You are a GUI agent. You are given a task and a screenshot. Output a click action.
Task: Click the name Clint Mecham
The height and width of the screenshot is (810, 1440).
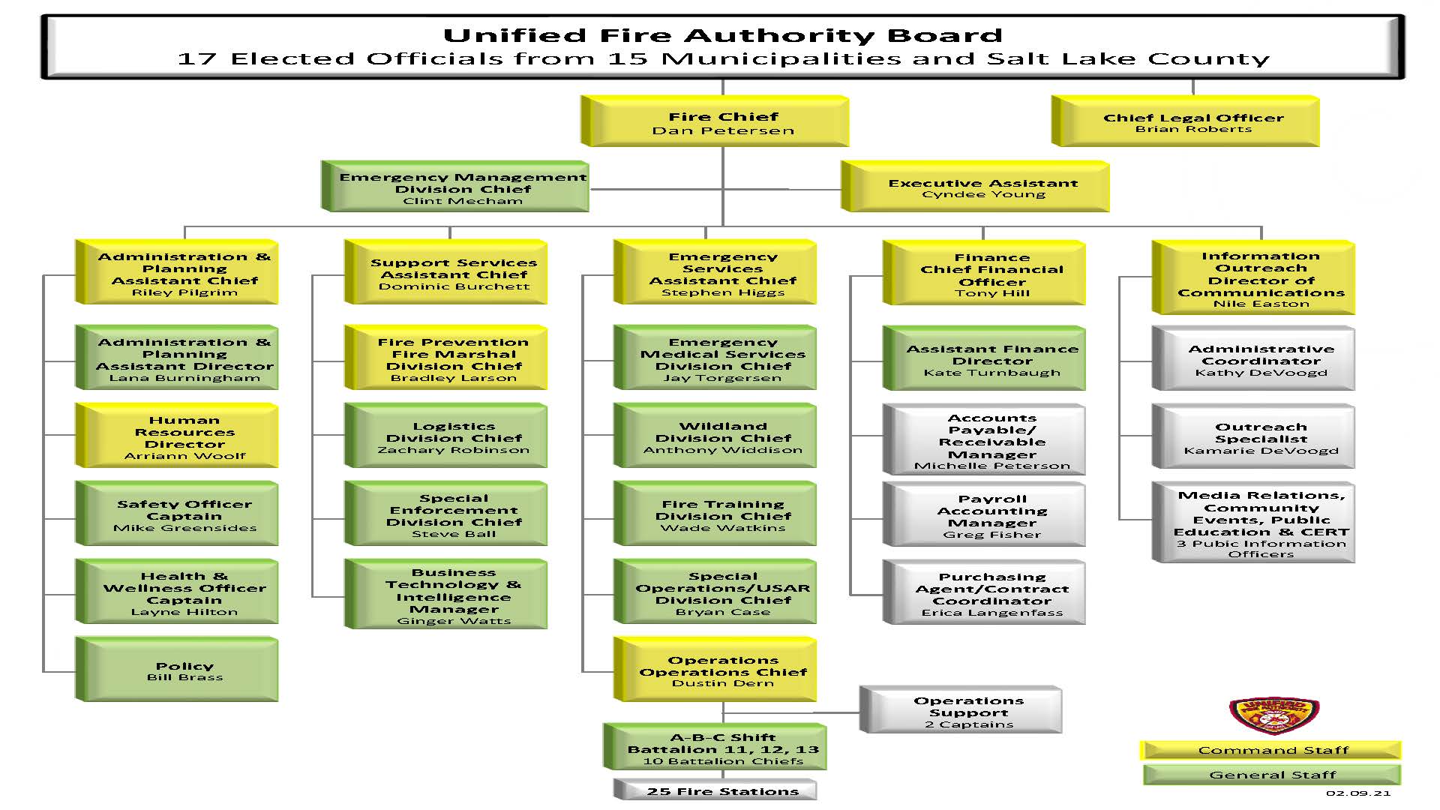(x=463, y=201)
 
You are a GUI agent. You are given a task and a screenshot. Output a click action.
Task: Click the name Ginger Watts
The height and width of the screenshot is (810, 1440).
(x=454, y=621)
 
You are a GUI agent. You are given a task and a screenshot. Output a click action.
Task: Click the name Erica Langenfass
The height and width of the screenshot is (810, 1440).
(x=992, y=613)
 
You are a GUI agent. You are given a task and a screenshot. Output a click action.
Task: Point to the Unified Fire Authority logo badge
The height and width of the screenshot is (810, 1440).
(x=1273, y=716)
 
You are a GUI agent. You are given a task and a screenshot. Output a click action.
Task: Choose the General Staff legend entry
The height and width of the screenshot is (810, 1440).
(x=1272, y=775)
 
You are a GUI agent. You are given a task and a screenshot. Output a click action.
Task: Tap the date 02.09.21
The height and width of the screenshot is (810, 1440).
(x=1357, y=793)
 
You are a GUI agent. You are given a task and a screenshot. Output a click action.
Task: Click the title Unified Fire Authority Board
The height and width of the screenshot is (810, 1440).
(x=722, y=35)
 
